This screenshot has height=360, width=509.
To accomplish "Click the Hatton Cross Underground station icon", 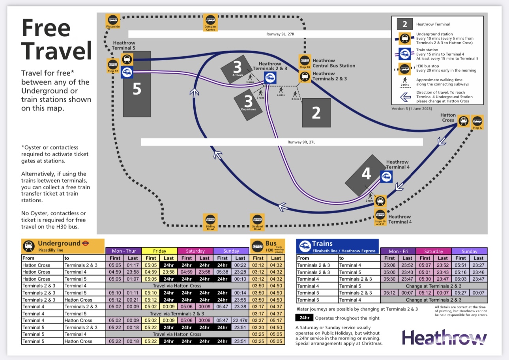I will tap(464, 121).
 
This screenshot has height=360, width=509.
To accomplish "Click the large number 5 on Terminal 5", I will tap(137, 89).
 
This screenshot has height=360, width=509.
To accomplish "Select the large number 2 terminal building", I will tap(316, 113).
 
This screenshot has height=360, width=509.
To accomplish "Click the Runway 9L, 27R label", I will tap(281, 34).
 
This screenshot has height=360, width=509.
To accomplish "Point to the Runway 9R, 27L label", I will tap(302, 142).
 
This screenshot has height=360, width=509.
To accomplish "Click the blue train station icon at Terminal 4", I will tap(386, 177).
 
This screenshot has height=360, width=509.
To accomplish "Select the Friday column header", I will tap(159, 251).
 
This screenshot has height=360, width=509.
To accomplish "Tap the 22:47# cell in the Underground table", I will tap(240, 321).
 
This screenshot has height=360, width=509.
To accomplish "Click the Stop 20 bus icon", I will tap(304, 60).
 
